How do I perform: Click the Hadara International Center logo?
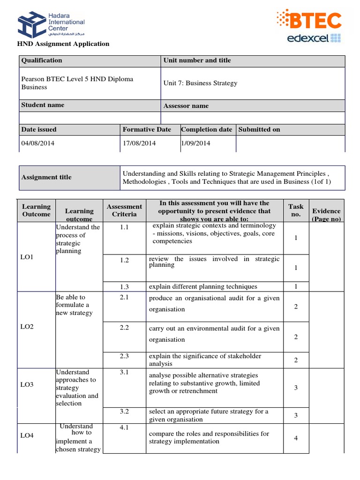(51, 25)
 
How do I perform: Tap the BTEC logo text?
(315, 21)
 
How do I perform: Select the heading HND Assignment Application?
(63, 44)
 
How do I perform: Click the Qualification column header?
(42, 60)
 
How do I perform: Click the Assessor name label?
(186, 106)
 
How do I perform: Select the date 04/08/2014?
(38, 143)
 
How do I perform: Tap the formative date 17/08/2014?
(139, 143)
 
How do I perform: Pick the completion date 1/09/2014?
(195, 143)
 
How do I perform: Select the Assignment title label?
(46, 177)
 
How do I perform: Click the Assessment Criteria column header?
(124, 210)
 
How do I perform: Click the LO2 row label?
(27, 326)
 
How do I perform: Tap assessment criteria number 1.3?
(124, 287)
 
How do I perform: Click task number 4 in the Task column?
(296, 438)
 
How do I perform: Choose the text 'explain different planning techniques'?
(203, 287)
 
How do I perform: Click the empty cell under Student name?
(90, 118)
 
